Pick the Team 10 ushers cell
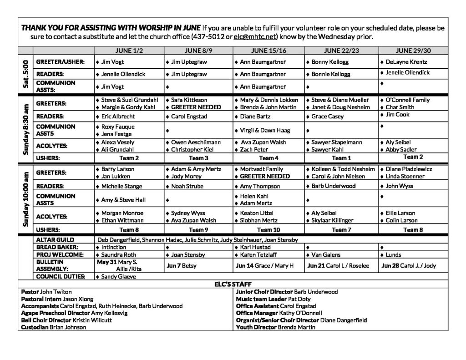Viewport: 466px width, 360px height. [268, 230]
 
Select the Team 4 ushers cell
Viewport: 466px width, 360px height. [268, 158]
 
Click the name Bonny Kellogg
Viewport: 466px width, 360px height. [330, 61]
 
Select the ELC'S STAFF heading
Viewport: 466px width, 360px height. [233, 284]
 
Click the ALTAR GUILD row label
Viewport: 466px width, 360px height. [55, 240]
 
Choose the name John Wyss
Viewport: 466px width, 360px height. [400, 186]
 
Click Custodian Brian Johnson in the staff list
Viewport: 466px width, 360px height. [54, 327]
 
